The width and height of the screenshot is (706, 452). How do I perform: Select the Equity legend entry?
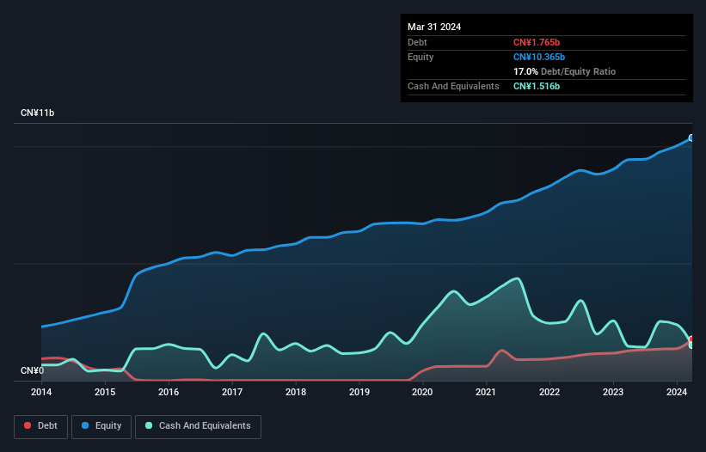(x=101, y=425)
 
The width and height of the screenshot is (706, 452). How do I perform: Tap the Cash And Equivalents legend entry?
(x=197, y=425)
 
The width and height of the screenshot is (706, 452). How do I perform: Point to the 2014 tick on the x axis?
(x=41, y=392)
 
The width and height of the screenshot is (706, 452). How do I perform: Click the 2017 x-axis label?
(x=231, y=392)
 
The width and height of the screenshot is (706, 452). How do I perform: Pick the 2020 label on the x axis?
(x=422, y=392)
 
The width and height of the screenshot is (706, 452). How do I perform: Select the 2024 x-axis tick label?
(x=677, y=392)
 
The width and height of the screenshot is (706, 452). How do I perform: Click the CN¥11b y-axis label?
(x=38, y=113)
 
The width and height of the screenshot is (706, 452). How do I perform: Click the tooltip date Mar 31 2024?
(x=434, y=27)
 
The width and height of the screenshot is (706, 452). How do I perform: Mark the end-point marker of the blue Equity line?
(x=691, y=137)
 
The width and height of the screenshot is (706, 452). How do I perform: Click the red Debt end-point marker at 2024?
(x=691, y=339)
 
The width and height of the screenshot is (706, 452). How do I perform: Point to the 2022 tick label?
(x=549, y=392)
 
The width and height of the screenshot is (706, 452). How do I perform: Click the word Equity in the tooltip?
(x=421, y=57)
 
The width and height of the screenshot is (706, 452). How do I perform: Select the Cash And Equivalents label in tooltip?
(x=453, y=86)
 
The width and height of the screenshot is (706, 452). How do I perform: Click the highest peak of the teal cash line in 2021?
(x=516, y=278)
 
